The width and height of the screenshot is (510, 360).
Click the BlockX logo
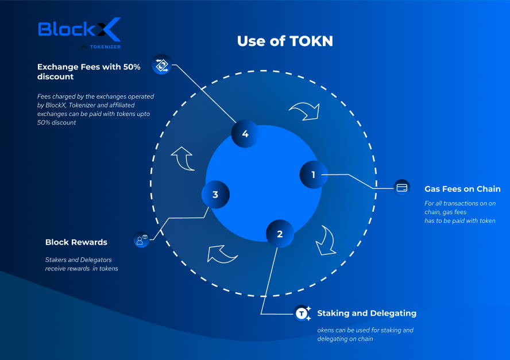[79, 33]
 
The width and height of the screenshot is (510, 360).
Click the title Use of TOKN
[285, 41]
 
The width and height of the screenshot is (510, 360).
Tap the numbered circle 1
[314, 175]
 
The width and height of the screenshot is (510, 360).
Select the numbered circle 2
[280, 234]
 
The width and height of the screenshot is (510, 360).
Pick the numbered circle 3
[215, 195]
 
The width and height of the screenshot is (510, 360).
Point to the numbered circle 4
[245, 134]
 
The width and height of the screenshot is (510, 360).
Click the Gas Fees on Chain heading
[462, 189]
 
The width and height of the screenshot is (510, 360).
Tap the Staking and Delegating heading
[366, 313]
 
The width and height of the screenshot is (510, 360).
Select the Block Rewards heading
[76, 242]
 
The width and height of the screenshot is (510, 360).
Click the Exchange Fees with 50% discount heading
[88, 72]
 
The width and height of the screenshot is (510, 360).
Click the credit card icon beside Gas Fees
[402, 188]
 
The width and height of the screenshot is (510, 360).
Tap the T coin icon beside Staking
[302, 313]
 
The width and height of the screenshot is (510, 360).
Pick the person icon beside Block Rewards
[141, 240]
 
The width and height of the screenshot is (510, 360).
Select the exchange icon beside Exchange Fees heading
[161, 65]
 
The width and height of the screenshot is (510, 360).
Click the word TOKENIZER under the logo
[105, 47]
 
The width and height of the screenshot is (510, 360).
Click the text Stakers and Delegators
[78, 260]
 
